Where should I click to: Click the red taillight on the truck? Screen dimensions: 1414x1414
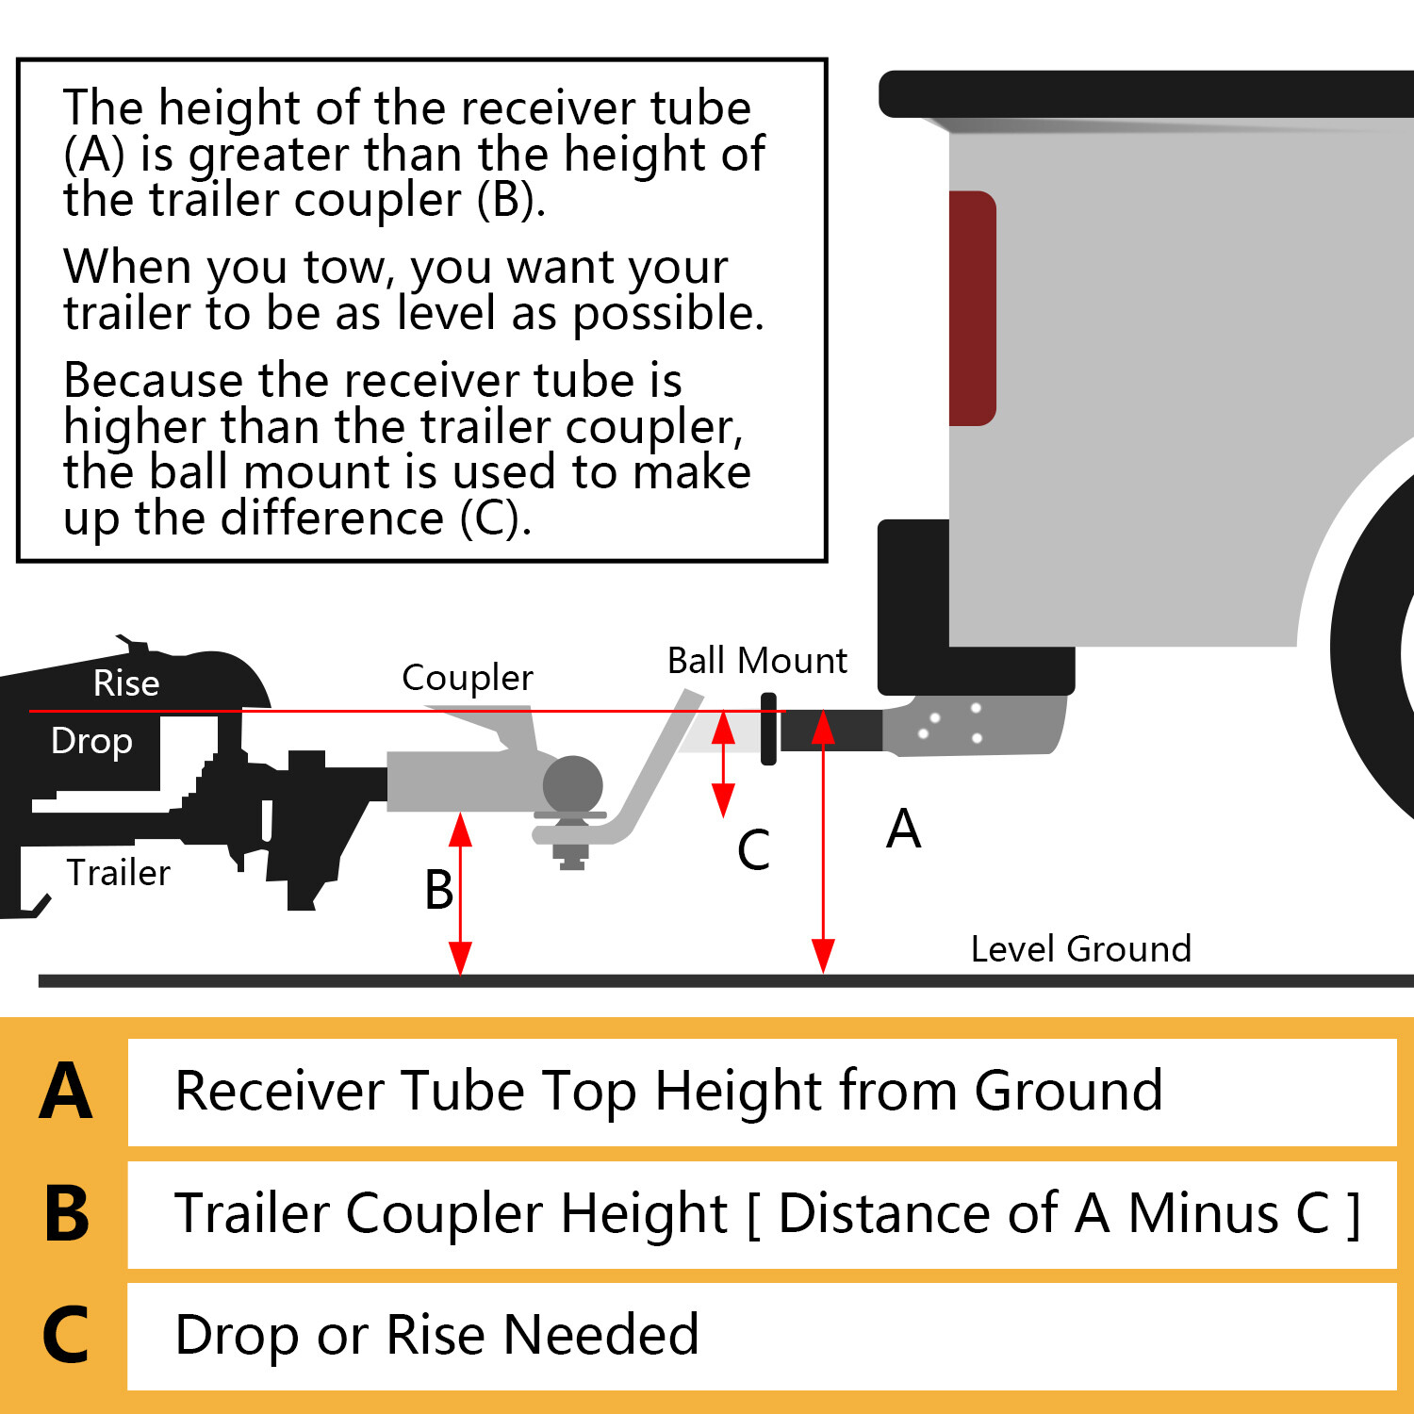point(972,308)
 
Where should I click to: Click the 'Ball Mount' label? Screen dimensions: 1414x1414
point(757,661)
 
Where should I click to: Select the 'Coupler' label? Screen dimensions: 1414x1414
point(467,678)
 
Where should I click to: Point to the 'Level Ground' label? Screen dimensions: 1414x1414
point(1080,948)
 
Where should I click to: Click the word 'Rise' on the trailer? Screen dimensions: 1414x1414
point(126,683)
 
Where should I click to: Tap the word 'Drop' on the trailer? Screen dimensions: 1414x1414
point(91,741)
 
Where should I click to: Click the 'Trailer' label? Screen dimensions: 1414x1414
point(118,873)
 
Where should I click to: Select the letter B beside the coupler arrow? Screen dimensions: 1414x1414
point(438,890)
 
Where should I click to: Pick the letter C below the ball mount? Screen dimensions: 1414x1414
point(753,849)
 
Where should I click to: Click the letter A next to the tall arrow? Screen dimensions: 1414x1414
point(903,830)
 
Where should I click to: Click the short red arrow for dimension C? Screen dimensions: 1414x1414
point(723,764)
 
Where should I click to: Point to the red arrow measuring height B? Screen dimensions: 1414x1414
point(460,894)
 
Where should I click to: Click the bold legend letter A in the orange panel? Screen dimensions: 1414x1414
point(66,1092)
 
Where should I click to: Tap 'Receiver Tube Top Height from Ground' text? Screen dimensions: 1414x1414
point(668,1092)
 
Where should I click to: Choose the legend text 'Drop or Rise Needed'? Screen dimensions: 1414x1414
point(436,1335)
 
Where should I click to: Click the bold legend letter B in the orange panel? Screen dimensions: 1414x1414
point(66,1213)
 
